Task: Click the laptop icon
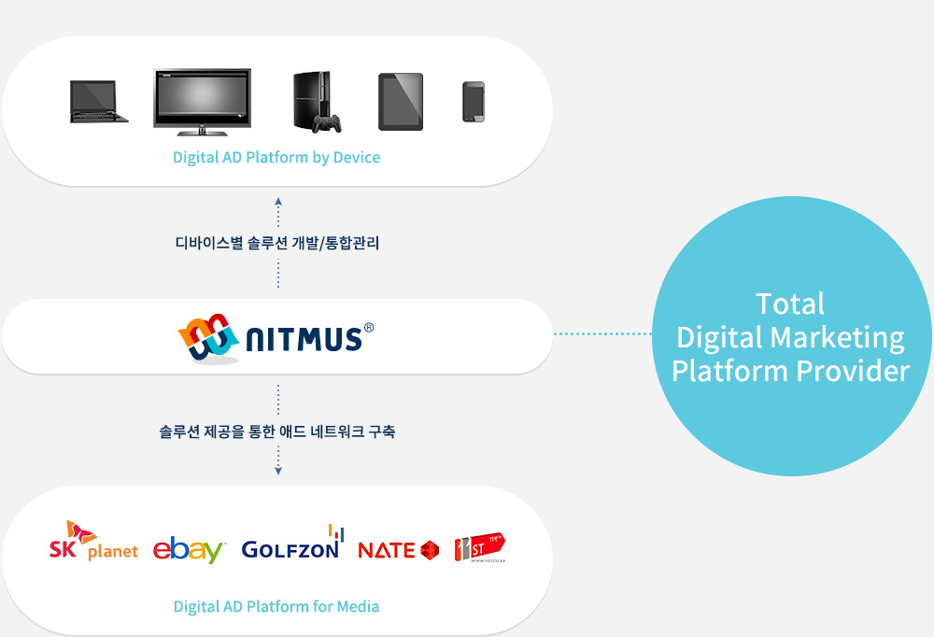(x=98, y=102)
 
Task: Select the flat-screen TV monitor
(x=202, y=100)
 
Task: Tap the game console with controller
(x=317, y=102)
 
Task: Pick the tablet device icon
(x=400, y=102)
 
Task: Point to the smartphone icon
(x=474, y=102)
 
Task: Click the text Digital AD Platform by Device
(x=276, y=157)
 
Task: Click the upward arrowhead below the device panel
(x=278, y=199)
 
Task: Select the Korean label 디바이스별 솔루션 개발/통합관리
(x=277, y=243)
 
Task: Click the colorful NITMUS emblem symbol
(x=206, y=337)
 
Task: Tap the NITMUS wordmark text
(x=303, y=338)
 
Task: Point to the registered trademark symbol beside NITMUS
(x=369, y=328)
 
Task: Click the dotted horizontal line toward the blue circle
(x=602, y=333)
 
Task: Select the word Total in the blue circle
(x=790, y=304)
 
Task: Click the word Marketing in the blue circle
(x=844, y=336)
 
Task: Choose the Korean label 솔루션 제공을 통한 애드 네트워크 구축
(x=277, y=432)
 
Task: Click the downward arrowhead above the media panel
(x=278, y=470)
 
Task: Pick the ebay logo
(x=190, y=549)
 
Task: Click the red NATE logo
(x=398, y=550)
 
